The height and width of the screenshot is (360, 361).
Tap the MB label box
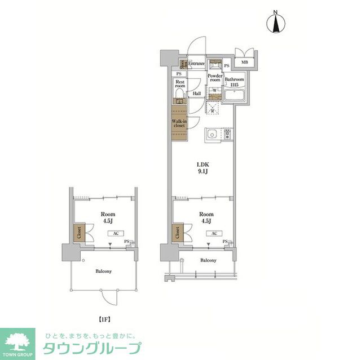pos(245,63)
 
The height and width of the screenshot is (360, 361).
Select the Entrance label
pos(197,64)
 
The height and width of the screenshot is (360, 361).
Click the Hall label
pos(197,94)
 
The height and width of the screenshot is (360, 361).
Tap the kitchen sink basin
pos(213,135)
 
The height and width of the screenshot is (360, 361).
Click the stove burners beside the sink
pos(227,135)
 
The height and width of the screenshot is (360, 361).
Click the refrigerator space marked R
pos(212,109)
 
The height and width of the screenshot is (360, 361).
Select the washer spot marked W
pos(215,90)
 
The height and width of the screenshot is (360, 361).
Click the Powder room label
pos(214,78)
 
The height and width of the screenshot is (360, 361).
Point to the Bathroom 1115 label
pos(234,82)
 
